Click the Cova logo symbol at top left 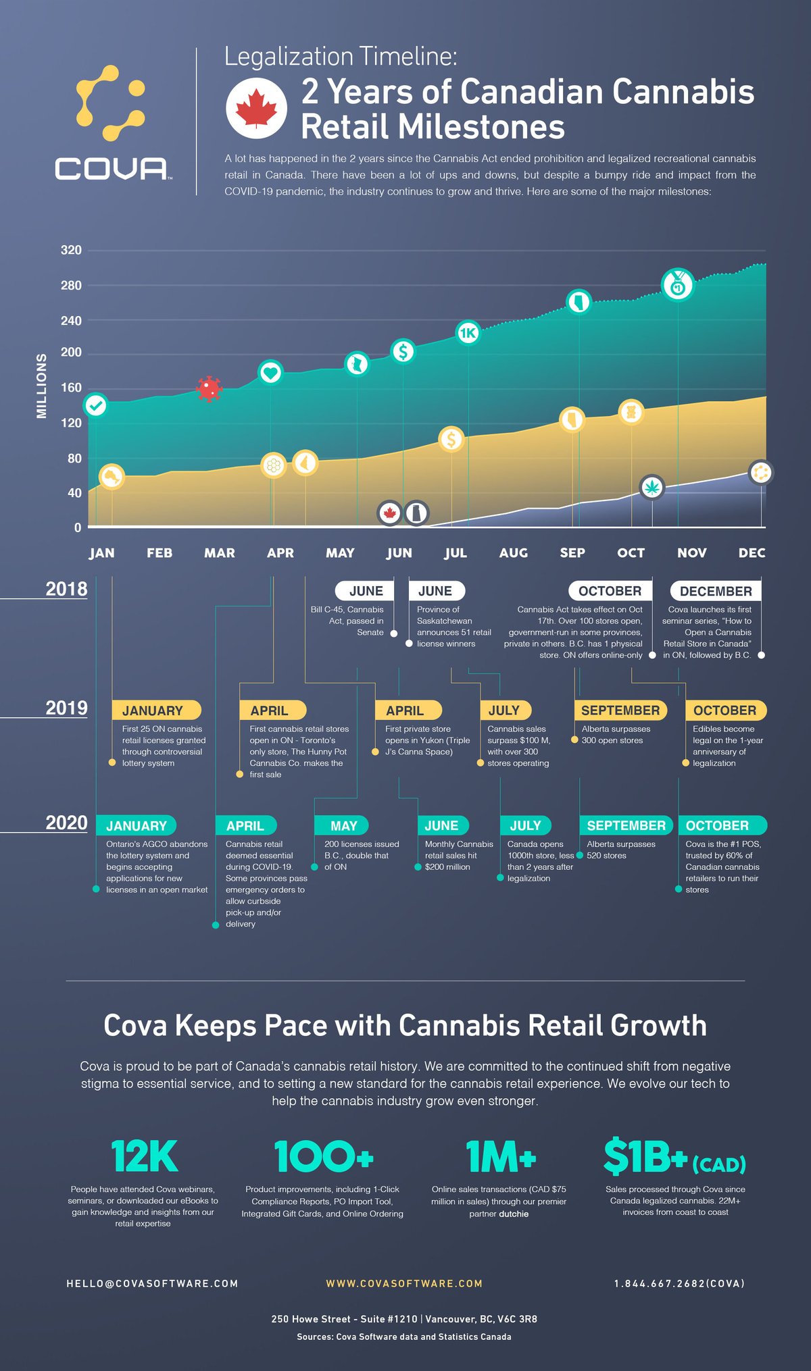(x=110, y=103)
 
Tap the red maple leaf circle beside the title (x=256, y=109)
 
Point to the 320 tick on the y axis (x=71, y=251)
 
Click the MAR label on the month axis (x=220, y=553)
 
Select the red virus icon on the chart (x=209, y=389)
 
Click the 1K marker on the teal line (x=468, y=332)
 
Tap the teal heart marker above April (x=270, y=372)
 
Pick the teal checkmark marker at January (x=96, y=405)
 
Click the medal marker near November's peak (x=677, y=284)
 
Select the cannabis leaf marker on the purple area (x=652, y=487)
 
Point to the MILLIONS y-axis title (x=42, y=386)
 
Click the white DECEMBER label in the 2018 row (x=715, y=591)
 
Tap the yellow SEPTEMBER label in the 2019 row (x=620, y=710)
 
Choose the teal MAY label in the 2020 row (x=343, y=825)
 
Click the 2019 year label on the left (x=66, y=708)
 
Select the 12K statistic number (x=144, y=1157)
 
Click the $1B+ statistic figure (x=645, y=1157)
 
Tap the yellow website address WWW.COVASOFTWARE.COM (x=404, y=1283)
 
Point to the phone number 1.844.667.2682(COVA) (x=679, y=1283)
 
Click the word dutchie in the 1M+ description (x=514, y=1214)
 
